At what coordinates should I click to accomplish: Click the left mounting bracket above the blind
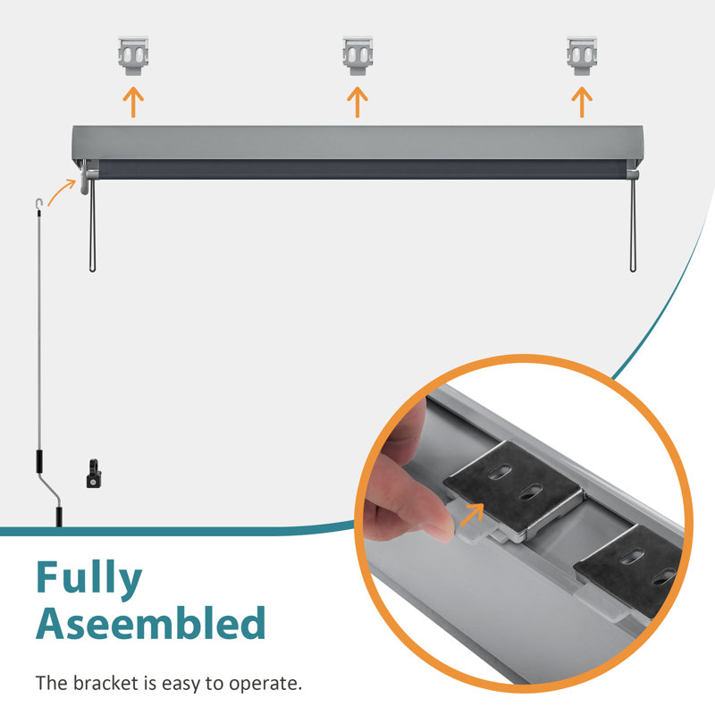tap(133, 55)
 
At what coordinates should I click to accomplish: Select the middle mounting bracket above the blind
tap(357, 55)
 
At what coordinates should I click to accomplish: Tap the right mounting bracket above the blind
tap(582, 55)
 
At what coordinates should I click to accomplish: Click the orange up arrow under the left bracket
tap(133, 103)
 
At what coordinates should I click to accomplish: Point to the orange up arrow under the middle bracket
tap(357, 103)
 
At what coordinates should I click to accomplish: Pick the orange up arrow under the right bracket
tap(582, 103)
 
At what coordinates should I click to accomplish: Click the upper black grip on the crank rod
tap(39, 461)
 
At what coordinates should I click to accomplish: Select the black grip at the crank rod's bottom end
tap(59, 517)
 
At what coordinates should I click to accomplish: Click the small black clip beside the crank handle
tap(94, 475)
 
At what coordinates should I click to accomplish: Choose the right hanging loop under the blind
tap(633, 225)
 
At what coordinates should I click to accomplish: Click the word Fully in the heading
tap(88, 578)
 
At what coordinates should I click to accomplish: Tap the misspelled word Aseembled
tap(150, 623)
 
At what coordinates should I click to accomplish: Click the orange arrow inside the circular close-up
tap(472, 515)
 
